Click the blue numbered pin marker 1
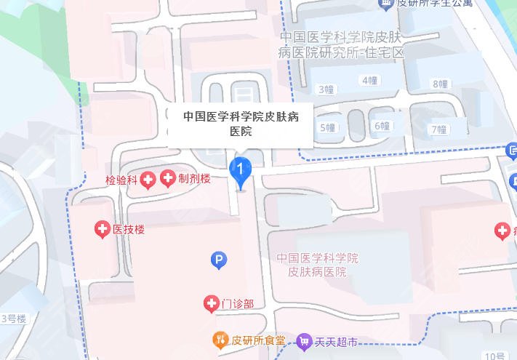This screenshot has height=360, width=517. pyautogui.click(x=241, y=170)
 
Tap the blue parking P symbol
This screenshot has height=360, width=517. pyautogui.click(x=217, y=258)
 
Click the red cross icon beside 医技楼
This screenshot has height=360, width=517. pyautogui.click(x=103, y=230)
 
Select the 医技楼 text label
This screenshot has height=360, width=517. pyautogui.click(x=129, y=230)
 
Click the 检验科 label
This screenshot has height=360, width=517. pyautogui.click(x=121, y=179)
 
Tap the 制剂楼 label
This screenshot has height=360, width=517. pyautogui.click(x=195, y=177)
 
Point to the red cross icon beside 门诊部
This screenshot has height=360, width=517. pyautogui.click(x=211, y=303)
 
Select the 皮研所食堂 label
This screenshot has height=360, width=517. pyautogui.click(x=255, y=340)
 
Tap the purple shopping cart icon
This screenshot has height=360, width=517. pyautogui.click(x=304, y=340)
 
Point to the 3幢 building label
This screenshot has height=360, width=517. pyautogui.click(x=326, y=89)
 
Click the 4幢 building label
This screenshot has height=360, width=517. pyautogui.click(x=370, y=80)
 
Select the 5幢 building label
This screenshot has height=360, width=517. pyautogui.click(x=328, y=128)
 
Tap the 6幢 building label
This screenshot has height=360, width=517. pyautogui.click(x=382, y=126)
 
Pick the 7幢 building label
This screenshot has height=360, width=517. pyautogui.click(x=438, y=129)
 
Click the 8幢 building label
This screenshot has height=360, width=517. pyautogui.click(x=440, y=84)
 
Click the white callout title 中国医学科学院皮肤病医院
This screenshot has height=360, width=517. pyautogui.click(x=241, y=123)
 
